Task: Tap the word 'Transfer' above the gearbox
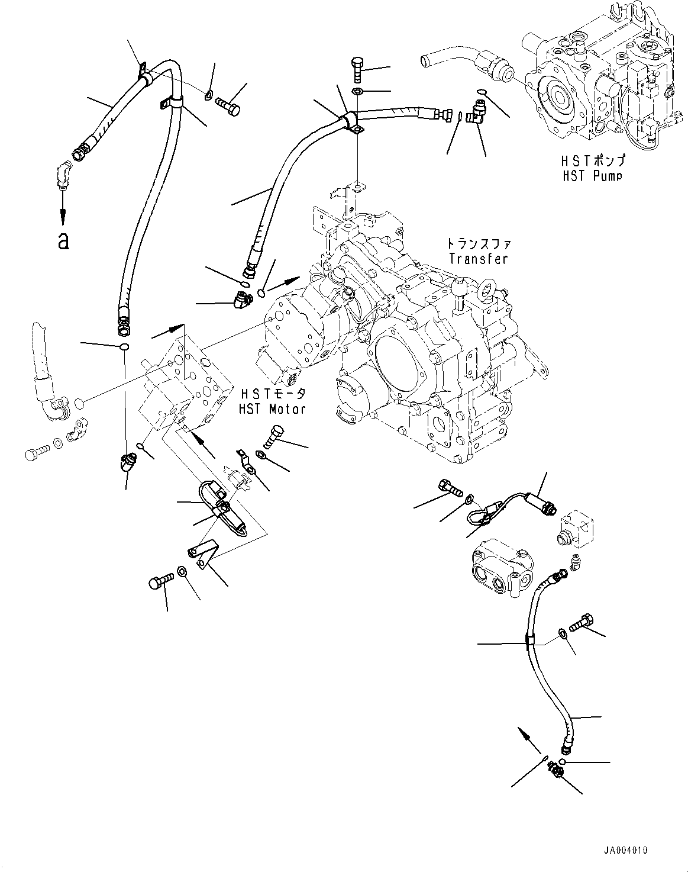pyautogui.click(x=477, y=258)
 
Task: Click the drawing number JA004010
pyautogui.click(x=625, y=850)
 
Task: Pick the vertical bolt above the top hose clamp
pyautogui.click(x=358, y=70)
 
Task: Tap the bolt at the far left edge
pyautogui.click(x=34, y=455)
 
